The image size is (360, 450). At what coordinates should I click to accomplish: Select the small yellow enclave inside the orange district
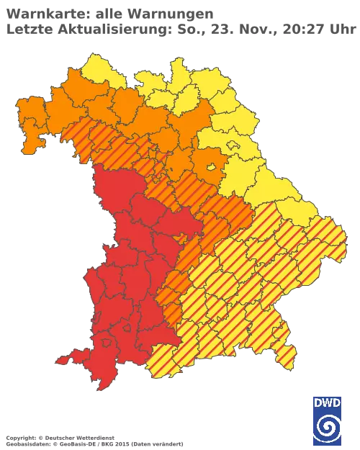tap(212, 166)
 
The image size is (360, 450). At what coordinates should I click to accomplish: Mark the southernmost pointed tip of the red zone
tap(103, 388)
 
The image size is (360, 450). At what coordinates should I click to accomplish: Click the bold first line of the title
tap(108, 13)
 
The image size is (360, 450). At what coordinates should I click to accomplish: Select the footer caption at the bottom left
tap(58, 438)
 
